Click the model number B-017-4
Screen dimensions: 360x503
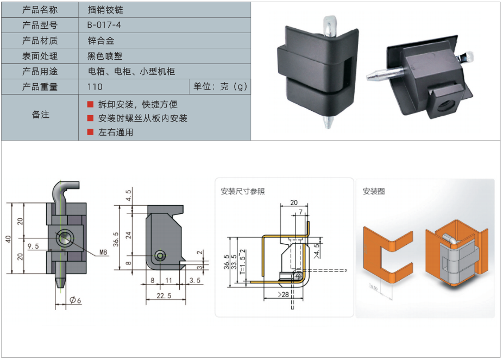(x=104, y=25)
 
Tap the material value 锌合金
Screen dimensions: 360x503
(x=100, y=40)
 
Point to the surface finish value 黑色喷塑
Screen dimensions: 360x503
(x=104, y=55)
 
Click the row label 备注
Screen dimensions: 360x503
(x=40, y=115)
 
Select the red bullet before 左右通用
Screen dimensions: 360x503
(x=90, y=132)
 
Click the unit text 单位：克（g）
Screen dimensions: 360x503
(x=219, y=86)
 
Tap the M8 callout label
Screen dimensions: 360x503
(x=103, y=251)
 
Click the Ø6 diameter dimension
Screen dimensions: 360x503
(x=75, y=300)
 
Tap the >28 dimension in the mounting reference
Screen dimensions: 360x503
(x=282, y=294)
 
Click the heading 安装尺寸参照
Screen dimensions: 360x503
(x=243, y=191)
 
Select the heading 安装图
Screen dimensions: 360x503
(x=374, y=191)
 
